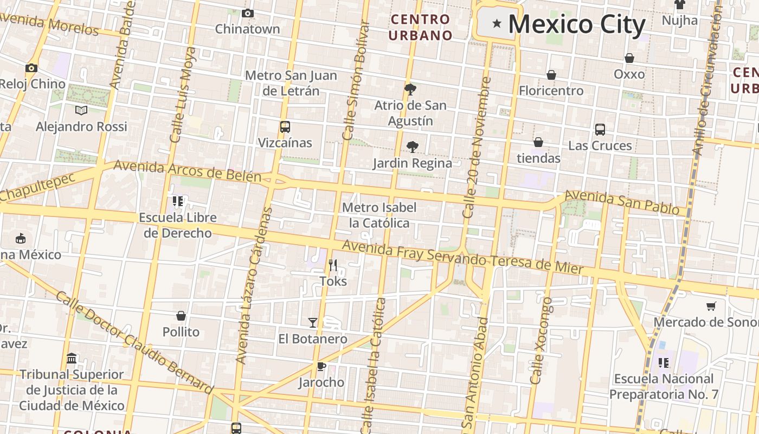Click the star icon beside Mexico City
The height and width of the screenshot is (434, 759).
(496, 23)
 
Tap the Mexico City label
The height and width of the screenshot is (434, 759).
(577, 24)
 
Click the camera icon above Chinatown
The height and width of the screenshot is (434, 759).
(248, 13)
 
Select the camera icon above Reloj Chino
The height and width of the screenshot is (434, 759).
(31, 68)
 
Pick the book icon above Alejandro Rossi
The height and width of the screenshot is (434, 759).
(81, 111)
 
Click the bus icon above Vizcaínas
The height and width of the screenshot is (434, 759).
(285, 127)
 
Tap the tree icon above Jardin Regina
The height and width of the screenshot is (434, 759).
(412, 147)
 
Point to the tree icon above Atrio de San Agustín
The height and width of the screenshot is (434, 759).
(410, 89)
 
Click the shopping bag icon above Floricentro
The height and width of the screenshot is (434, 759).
(551, 75)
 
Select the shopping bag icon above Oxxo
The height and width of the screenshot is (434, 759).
(629, 58)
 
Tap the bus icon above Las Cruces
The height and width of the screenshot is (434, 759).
(600, 130)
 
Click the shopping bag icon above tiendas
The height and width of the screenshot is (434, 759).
(538, 143)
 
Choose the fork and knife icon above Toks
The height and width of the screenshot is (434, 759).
(333, 265)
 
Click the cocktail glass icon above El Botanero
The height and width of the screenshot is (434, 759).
(313, 323)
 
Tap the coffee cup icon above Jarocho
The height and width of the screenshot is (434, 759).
(321, 366)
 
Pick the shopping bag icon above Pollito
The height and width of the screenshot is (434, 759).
(181, 316)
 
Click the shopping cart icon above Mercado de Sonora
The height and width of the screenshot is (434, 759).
(711, 307)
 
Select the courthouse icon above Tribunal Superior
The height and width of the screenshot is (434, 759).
(72, 359)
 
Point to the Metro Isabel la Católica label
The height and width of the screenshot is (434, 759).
(379, 215)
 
